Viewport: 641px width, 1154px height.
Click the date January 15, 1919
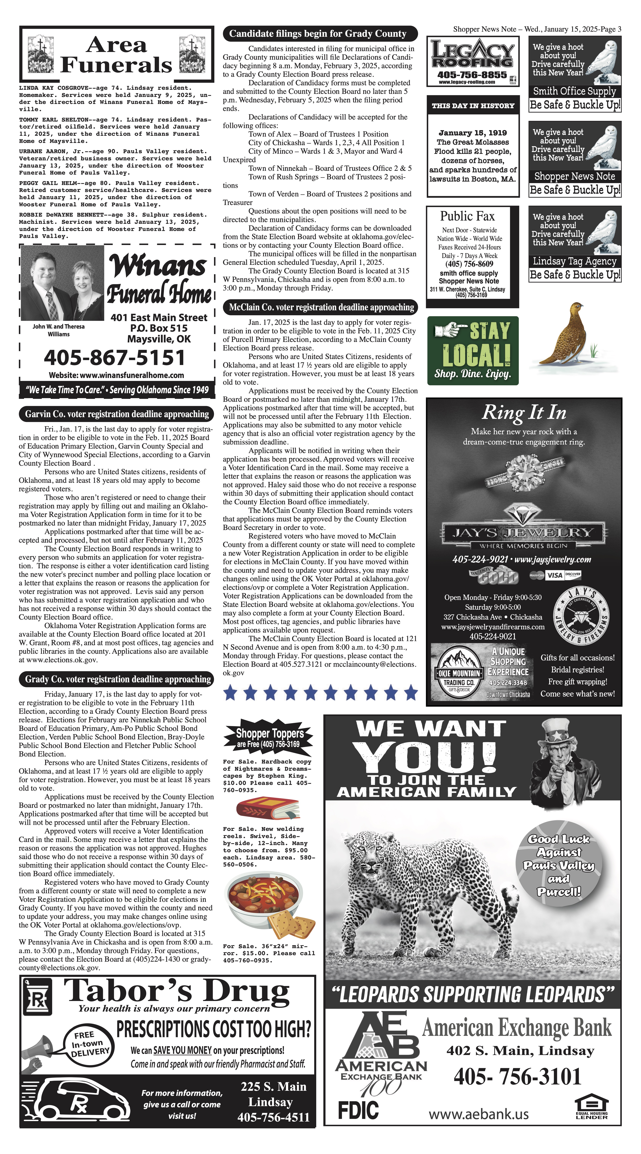point(473,133)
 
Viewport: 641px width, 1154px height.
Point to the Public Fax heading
point(467,216)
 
